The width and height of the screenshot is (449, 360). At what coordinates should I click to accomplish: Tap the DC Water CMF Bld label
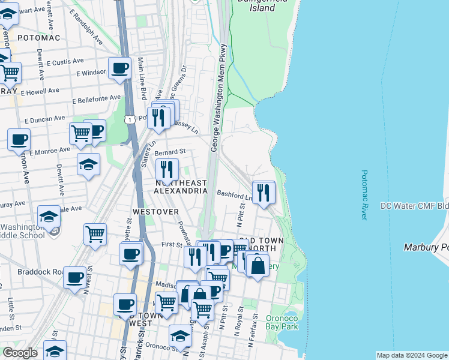pyautogui.click(x=414, y=206)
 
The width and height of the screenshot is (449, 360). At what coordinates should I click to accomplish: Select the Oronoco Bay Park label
pyautogui.click(x=282, y=323)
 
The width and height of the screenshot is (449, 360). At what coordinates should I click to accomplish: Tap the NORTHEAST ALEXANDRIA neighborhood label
pyautogui.click(x=181, y=187)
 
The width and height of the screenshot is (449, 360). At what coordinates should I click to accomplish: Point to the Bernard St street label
pyautogui.click(x=170, y=152)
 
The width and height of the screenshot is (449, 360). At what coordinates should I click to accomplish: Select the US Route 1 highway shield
pyautogui.click(x=130, y=121)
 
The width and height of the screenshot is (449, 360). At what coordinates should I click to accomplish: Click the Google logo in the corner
pyautogui.click(x=20, y=353)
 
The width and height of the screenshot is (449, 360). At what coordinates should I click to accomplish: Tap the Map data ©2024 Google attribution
pyautogui.click(x=411, y=355)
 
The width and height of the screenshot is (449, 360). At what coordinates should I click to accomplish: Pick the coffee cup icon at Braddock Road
pyautogui.click(x=75, y=278)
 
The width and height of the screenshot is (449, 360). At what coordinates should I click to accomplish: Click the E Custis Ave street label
pyautogui.click(x=65, y=62)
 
